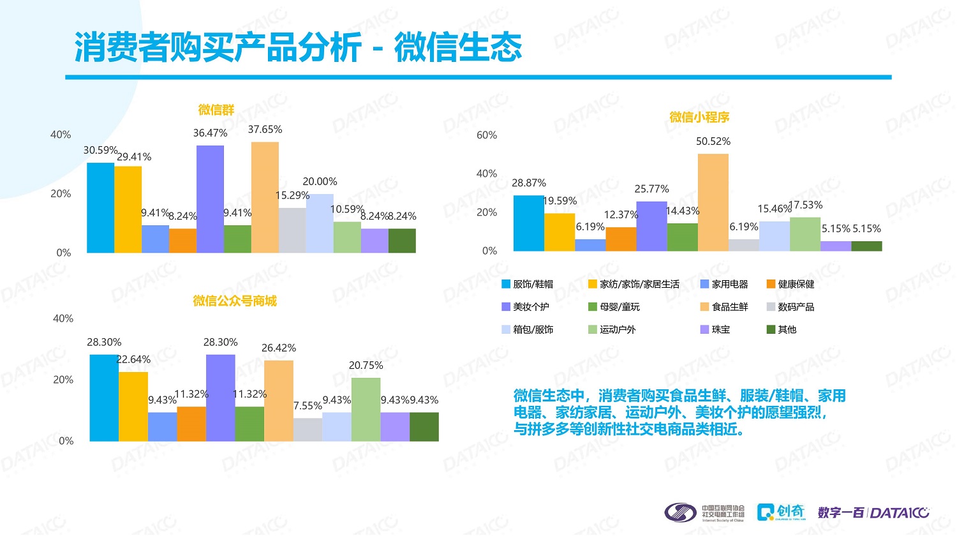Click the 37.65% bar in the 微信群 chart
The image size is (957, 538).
265,198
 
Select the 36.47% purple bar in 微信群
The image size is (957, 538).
210,199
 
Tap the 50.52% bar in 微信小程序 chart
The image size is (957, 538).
713,202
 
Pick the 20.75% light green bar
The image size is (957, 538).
366,410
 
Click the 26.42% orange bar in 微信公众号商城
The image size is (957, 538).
279,401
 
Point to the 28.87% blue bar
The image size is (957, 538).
528,223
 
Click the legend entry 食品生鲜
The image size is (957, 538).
729,307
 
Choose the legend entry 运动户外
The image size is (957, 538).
617,329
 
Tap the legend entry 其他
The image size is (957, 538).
787,329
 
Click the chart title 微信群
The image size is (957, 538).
216,110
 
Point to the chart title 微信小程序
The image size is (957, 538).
699,117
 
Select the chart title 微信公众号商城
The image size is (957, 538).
235,301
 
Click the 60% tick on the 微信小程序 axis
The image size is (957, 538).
487,135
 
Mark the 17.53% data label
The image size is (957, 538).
806,205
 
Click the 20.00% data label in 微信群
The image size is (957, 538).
320,181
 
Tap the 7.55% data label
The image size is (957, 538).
308,406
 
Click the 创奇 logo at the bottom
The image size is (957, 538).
781,512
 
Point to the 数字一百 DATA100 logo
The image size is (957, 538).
873,512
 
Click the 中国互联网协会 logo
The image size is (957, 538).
704,512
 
